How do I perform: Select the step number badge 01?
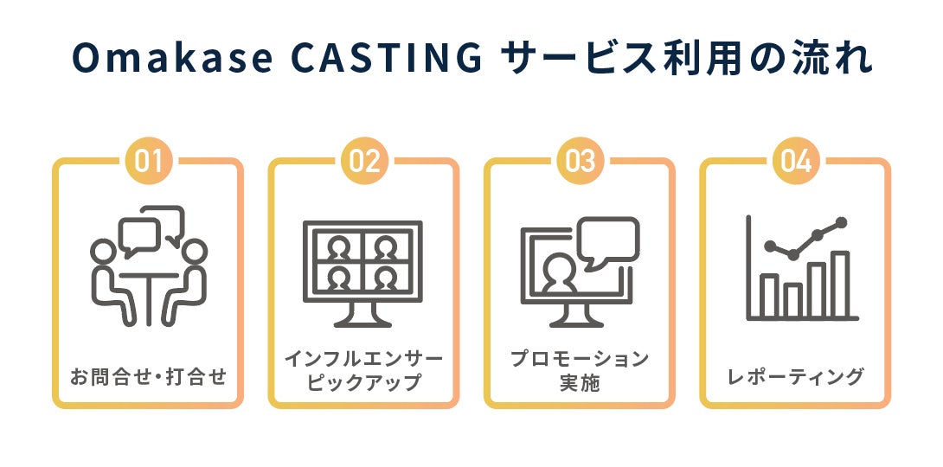(x=149, y=162)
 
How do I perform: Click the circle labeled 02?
(x=364, y=162)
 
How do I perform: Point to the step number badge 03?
(x=580, y=162)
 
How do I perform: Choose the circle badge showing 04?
(x=795, y=162)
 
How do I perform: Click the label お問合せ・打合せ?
(x=148, y=377)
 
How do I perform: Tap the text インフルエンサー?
(x=363, y=358)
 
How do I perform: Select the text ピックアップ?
(x=363, y=382)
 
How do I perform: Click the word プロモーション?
(x=579, y=358)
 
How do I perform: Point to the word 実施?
(x=579, y=382)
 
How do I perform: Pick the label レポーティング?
(x=794, y=377)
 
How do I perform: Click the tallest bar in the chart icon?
(x=839, y=285)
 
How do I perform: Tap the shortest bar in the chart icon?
(x=792, y=300)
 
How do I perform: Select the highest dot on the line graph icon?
(x=840, y=222)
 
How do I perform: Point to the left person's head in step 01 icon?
(x=103, y=251)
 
